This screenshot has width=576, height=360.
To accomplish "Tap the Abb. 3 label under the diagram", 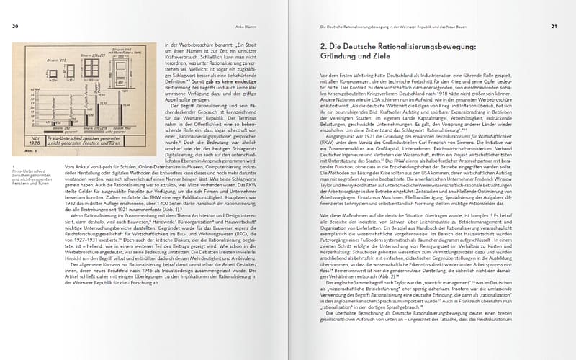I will [28, 152].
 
